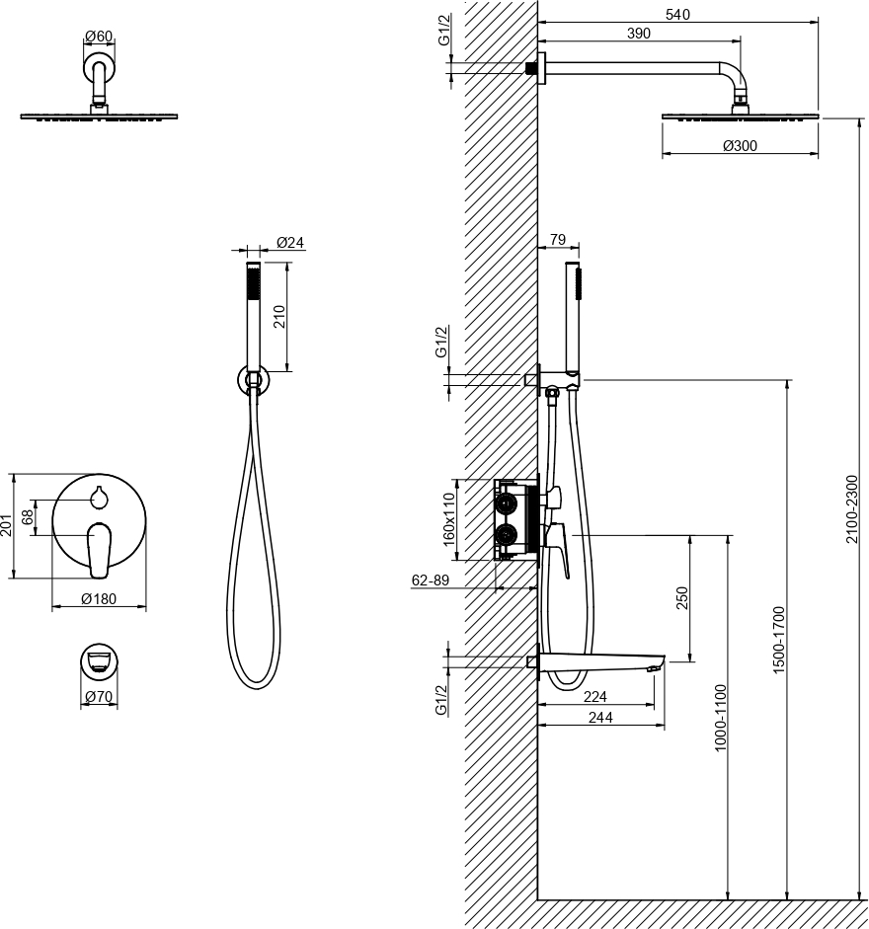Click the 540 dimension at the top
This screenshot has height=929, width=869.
click(677, 14)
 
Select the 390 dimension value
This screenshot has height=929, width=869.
click(638, 34)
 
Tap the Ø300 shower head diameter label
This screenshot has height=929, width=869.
click(741, 146)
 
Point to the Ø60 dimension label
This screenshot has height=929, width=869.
click(99, 37)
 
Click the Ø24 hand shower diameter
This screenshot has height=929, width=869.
click(290, 242)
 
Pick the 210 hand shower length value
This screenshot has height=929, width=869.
click(279, 317)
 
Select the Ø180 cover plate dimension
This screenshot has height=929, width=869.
click(99, 599)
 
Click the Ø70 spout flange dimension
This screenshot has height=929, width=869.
click(99, 697)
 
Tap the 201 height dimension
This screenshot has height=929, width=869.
click(7, 525)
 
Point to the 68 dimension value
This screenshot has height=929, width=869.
click(28, 517)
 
